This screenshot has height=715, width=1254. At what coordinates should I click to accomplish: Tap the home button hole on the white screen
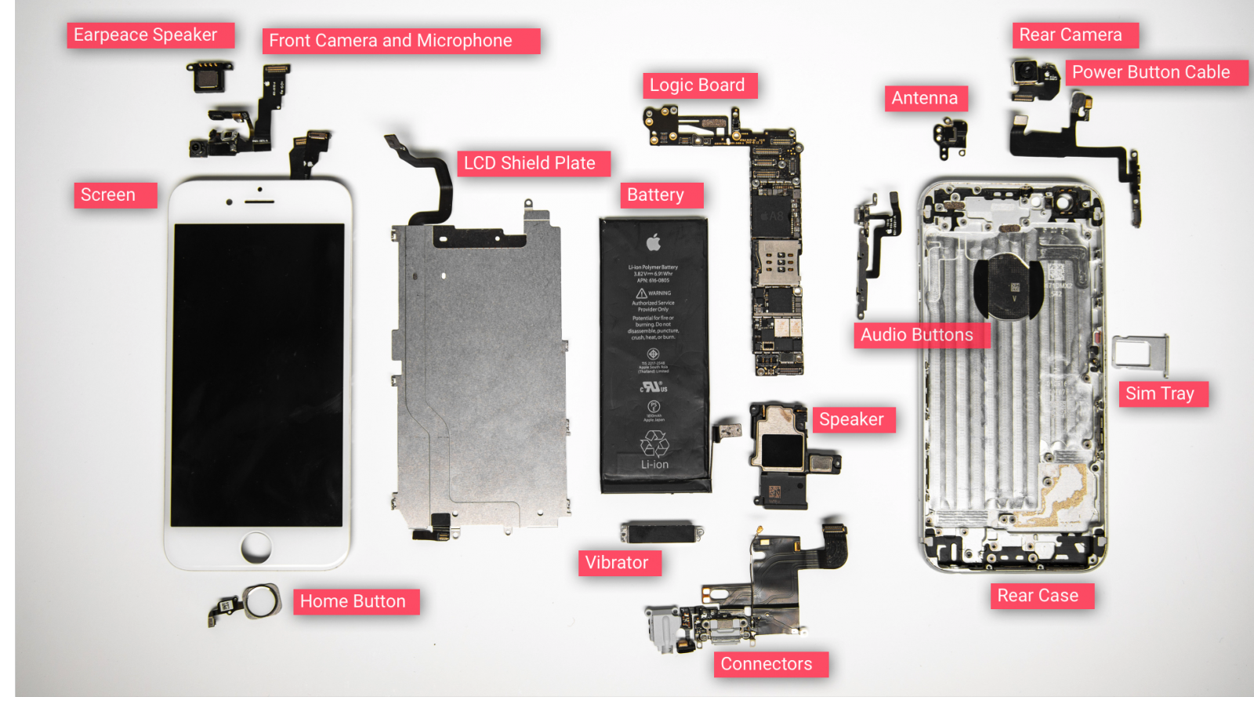click(x=256, y=546)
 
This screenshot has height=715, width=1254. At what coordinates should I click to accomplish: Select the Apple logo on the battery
click(x=654, y=241)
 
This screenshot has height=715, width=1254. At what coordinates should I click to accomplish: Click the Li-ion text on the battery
click(x=654, y=465)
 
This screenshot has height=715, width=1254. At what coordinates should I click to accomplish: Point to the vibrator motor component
click(x=660, y=532)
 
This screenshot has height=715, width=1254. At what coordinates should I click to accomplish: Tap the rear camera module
click(x=1029, y=75)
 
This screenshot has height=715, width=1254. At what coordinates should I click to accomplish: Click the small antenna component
click(x=951, y=136)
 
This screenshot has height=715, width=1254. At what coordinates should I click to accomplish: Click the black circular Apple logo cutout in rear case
click(x=1009, y=287)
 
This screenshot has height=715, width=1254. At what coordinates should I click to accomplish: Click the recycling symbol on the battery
click(x=654, y=444)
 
